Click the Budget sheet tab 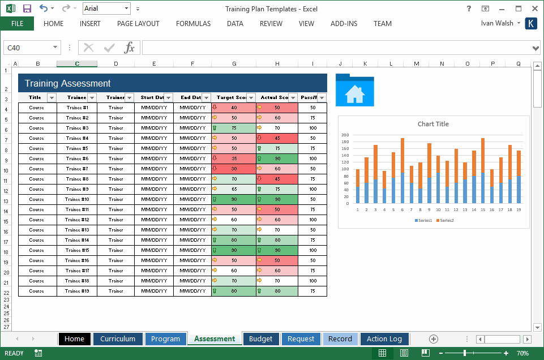click(x=261, y=339)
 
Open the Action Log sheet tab click(x=384, y=339)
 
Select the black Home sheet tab click(x=74, y=339)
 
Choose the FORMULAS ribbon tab click(x=193, y=24)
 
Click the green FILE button click(x=17, y=24)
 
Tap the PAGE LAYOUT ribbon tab click(x=138, y=24)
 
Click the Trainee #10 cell click(x=77, y=199)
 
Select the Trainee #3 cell click(x=77, y=128)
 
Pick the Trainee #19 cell click(x=77, y=291)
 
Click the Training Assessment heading click(x=68, y=83)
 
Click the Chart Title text click(x=433, y=124)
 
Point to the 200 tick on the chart click(x=345, y=135)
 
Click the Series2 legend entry click(x=446, y=220)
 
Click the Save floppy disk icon click(x=27, y=8)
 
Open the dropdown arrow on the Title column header click(x=52, y=97)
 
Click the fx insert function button click(x=130, y=48)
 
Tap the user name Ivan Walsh click(x=497, y=23)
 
